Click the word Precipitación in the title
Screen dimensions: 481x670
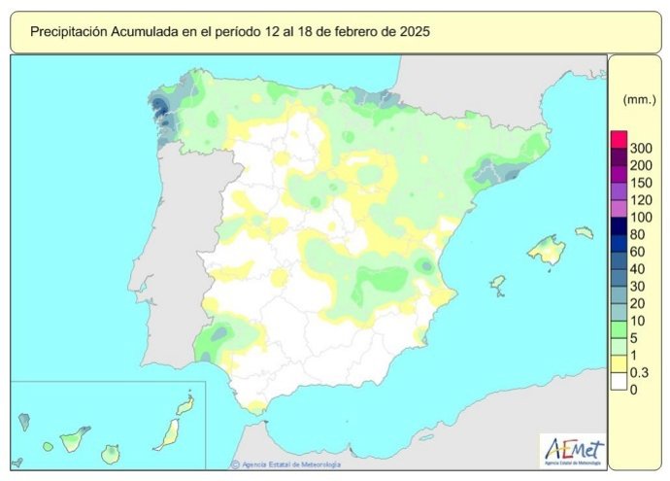point(72,32)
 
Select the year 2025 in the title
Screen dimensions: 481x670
point(413,32)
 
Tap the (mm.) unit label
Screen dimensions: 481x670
point(635,99)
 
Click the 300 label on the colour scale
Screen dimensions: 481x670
point(641,148)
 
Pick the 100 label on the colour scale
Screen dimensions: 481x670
point(641,217)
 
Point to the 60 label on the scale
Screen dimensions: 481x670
point(638,252)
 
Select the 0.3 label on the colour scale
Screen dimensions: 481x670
point(640,372)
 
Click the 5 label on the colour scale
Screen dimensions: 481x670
point(635,338)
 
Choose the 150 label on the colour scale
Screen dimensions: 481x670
point(641,183)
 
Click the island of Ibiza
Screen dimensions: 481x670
point(497,284)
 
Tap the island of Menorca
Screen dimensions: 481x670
point(584,233)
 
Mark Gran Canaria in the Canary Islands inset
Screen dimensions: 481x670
point(114,453)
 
